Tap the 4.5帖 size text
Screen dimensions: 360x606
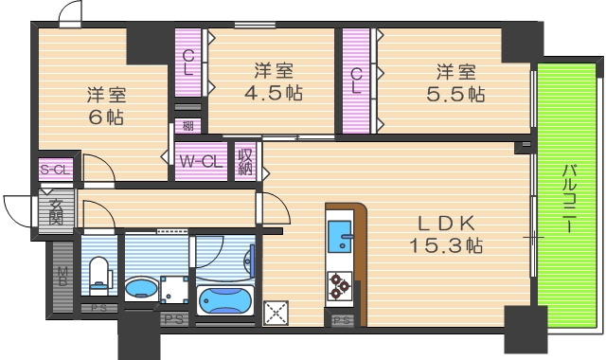pyautogui.click(x=276, y=94)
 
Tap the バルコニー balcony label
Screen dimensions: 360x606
pyautogui.click(x=570, y=200)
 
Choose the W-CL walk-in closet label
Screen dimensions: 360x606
pyautogui.click(x=200, y=161)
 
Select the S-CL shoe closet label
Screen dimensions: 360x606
pyautogui.click(x=53, y=170)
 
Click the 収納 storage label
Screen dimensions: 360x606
pyautogui.click(x=245, y=161)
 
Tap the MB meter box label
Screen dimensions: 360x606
pyautogui.click(x=62, y=277)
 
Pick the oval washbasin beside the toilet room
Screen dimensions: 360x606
pyautogui.click(x=141, y=288)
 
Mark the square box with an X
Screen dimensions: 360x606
pyautogui.click(x=275, y=312)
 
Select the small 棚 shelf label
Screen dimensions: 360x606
pyautogui.click(x=188, y=126)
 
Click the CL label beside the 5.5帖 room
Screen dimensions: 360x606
pyautogui.click(x=357, y=81)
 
